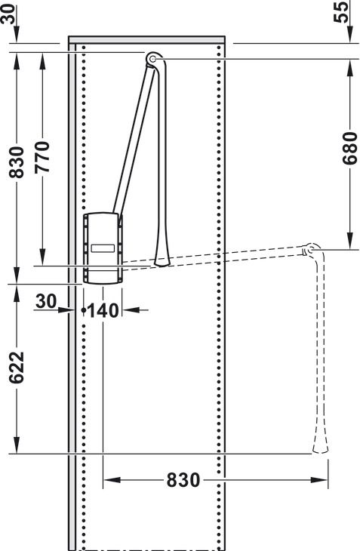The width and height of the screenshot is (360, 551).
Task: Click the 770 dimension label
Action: (x=42, y=157)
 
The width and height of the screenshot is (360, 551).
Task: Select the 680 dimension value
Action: (x=350, y=148)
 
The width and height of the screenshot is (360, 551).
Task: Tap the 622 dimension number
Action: (x=17, y=368)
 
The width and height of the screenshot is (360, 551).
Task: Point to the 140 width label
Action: (x=103, y=311)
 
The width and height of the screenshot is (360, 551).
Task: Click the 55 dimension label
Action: (x=341, y=12)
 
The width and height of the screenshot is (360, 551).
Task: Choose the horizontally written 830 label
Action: (x=183, y=480)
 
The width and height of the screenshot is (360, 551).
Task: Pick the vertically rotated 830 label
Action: (x=17, y=163)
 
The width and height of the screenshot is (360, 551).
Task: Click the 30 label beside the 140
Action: (x=46, y=301)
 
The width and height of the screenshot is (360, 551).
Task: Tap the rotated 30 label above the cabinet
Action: (x=8, y=14)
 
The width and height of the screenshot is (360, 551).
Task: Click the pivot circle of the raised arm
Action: (x=153, y=59)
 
